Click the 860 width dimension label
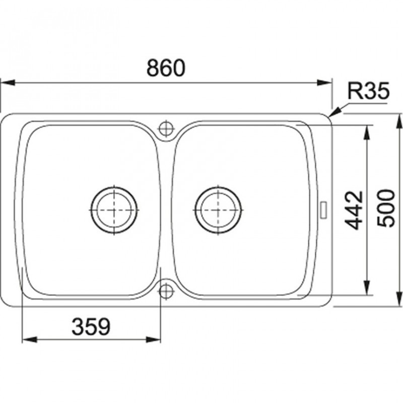coord(166,68)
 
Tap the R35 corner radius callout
coord(368,91)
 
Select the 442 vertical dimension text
coord(354,210)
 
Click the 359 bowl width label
coord(91,326)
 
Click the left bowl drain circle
coord(114,210)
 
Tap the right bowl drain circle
coord(218,210)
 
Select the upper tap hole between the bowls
coord(166,128)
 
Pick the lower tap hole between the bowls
coord(166,291)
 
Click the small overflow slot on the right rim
coord(323,210)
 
